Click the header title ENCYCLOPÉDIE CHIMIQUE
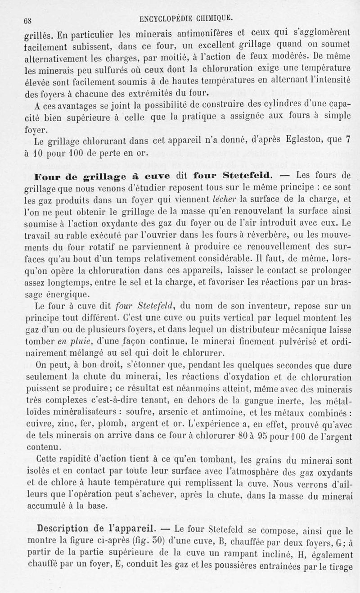[186, 18]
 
